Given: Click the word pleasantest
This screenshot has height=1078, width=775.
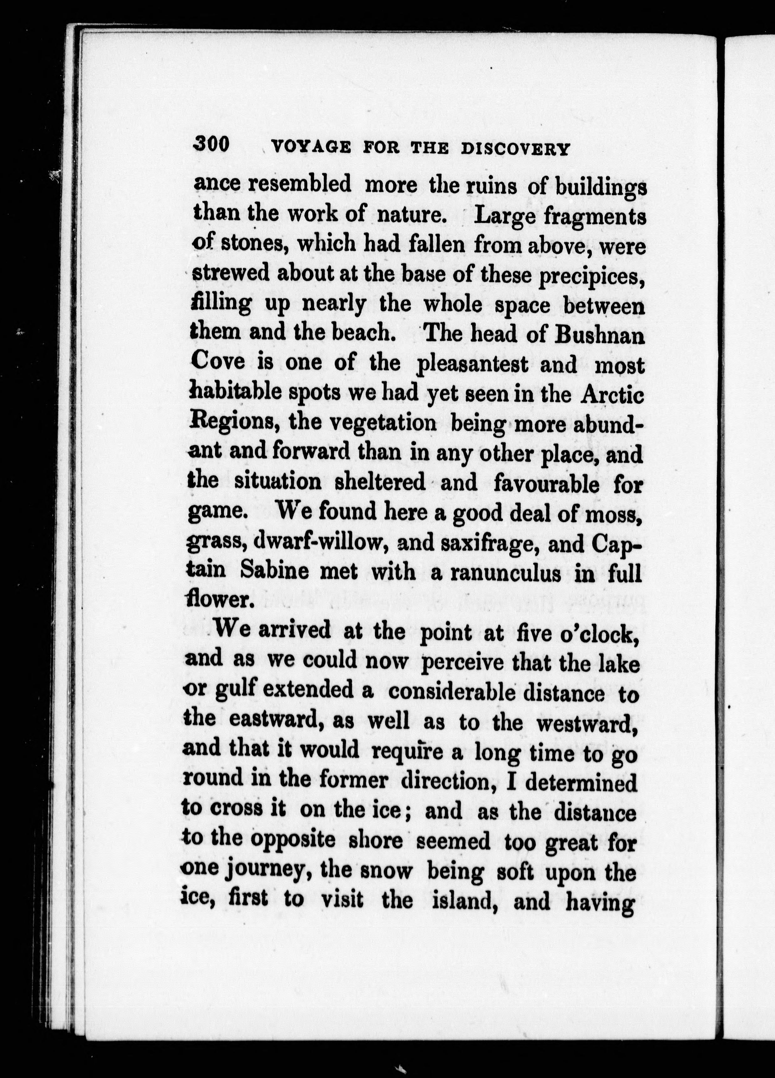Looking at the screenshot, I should pyautogui.click(x=472, y=365).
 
